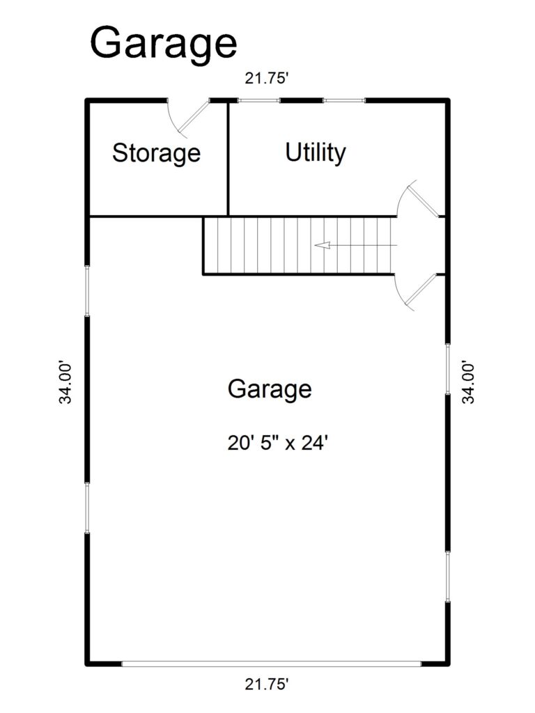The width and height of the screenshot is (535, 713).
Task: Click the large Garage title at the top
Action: point(163,43)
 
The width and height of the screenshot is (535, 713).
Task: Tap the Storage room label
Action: point(156,152)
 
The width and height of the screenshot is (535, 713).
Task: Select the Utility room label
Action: point(316,152)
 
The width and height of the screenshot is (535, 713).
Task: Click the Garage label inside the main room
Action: point(269,389)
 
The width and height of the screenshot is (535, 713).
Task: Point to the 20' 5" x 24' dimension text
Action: point(277,443)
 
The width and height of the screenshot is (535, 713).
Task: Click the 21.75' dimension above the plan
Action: point(267,79)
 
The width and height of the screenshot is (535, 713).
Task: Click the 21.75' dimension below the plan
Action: point(267,685)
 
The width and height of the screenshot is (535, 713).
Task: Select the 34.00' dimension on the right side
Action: point(470,382)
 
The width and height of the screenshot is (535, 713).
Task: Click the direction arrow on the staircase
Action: point(323,245)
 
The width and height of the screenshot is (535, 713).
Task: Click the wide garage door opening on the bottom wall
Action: point(272,664)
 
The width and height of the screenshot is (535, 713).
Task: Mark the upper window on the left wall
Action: point(87,291)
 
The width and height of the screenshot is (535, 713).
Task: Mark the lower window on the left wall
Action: point(87,508)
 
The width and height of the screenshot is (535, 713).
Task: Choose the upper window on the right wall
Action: point(447,369)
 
